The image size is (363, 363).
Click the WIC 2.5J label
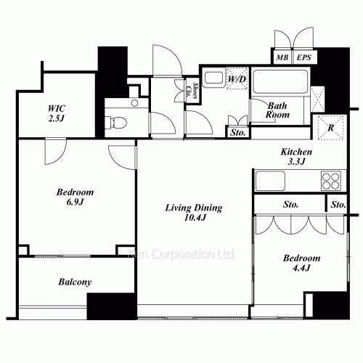(x=57, y=113)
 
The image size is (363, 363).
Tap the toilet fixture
(x=115, y=122)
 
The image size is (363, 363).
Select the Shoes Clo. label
(x=192, y=91)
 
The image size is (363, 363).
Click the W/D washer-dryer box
(x=237, y=78)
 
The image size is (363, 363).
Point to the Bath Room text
(x=277, y=110)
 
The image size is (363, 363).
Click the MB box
(x=282, y=57)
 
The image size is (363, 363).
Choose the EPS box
(x=304, y=57)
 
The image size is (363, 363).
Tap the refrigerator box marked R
(x=330, y=128)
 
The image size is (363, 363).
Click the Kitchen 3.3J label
(x=296, y=157)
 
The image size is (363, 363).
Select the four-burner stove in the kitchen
(x=331, y=181)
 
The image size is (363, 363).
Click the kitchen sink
(x=270, y=181)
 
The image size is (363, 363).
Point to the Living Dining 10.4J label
(x=194, y=213)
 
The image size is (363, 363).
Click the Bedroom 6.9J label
(x=75, y=197)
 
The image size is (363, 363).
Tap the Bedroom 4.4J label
(x=301, y=263)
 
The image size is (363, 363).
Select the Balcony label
(x=75, y=282)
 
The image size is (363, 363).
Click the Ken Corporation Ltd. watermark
(x=181, y=254)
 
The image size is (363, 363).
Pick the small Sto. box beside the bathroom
(x=238, y=132)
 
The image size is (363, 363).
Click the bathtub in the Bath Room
(x=280, y=81)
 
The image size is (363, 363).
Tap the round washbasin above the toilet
(x=134, y=103)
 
